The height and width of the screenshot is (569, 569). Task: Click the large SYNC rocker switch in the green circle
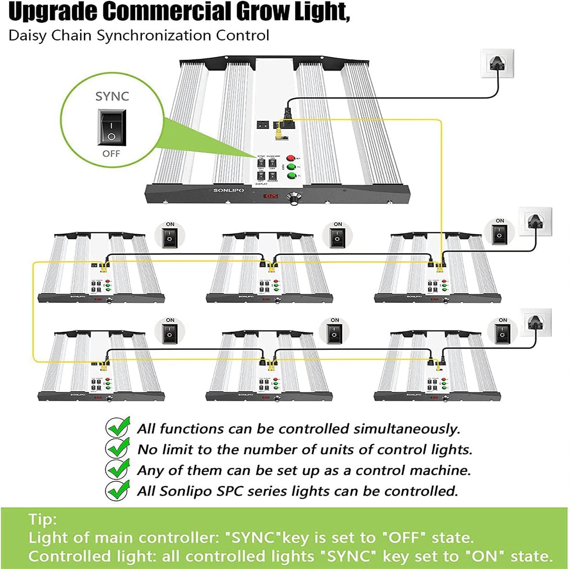[112, 127]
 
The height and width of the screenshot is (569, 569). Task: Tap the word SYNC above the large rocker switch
[112, 96]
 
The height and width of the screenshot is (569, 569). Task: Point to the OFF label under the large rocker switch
[111, 154]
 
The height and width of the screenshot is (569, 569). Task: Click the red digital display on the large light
[272, 195]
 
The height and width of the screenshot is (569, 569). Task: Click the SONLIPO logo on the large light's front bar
[229, 191]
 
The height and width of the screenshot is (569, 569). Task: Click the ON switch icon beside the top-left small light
[170, 236]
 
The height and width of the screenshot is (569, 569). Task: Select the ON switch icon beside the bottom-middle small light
[335, 331]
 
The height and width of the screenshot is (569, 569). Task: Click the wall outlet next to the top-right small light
[535, 221]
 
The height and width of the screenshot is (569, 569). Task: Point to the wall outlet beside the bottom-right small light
[536, 322]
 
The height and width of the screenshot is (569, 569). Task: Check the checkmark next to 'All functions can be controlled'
[117, 427]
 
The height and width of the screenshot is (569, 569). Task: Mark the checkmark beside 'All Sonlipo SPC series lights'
[117, 490]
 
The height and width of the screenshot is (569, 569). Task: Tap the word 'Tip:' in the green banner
[42, 519]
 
